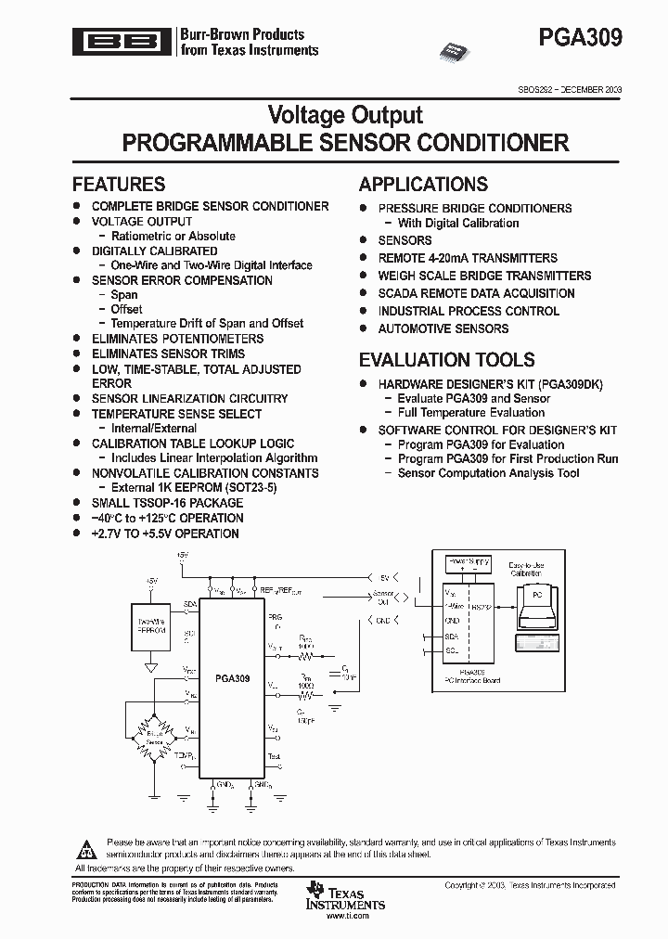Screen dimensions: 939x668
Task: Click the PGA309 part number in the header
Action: click(x=580, y=38)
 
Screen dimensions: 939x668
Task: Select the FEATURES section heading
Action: click(x=119, y=184)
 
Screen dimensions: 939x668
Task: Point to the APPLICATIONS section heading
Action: click(x=423, y=184)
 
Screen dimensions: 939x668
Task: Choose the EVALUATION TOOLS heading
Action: click(x=447, y=360)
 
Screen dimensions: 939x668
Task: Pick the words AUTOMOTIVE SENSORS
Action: click(x=443, y=328)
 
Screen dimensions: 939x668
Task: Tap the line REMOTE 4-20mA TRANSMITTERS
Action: click(x=468, y=258)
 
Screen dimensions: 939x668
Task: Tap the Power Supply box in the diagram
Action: click(x=469, y=562)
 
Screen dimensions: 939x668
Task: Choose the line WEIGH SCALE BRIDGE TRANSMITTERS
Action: click(x=484, y=276)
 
